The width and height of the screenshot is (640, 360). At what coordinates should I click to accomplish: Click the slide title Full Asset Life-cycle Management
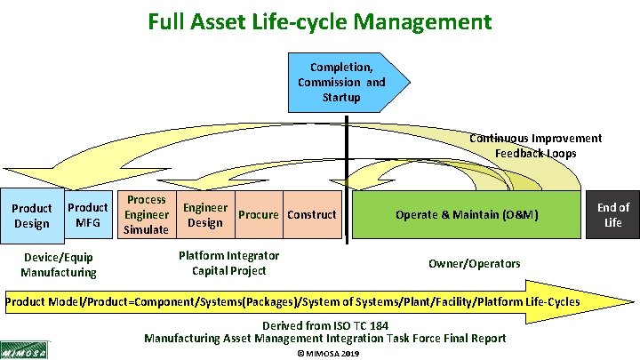[320, 20]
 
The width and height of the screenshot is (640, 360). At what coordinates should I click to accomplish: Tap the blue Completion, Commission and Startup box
[342, 82]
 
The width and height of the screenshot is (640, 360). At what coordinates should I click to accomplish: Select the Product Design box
[31, 216]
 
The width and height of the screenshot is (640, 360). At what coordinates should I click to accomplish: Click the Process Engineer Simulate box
[146, 215]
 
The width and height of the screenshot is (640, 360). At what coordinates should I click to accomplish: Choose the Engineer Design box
[204, 215]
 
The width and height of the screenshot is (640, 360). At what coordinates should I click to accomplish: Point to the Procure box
[259, 214]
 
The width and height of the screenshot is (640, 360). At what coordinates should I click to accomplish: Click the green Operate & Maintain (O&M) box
[467, 214]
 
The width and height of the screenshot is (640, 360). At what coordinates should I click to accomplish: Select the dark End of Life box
[612, 214]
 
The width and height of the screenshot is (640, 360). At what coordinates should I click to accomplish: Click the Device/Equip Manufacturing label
[59, 265]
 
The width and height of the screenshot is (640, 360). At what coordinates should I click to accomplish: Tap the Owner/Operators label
[474, 264]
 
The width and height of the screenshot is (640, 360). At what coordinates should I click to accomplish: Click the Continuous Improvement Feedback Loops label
[535, 146]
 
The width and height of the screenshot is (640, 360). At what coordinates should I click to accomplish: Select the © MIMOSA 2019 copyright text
[325, 354]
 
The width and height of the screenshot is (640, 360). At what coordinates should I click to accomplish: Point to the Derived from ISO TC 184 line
[324, 324]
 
